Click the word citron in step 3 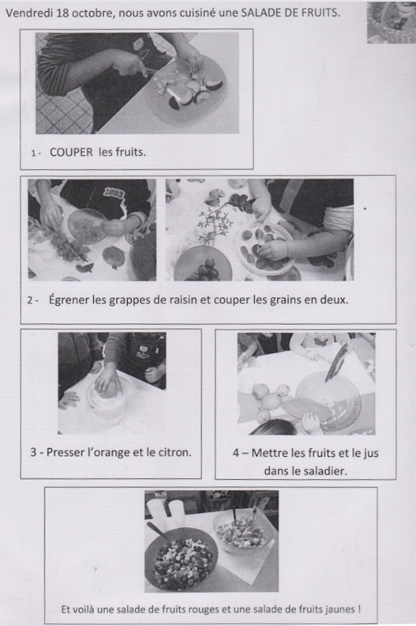[175, 453]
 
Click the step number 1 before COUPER [33, 153]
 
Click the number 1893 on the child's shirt [115, 192]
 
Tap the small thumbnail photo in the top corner [391, 21]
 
